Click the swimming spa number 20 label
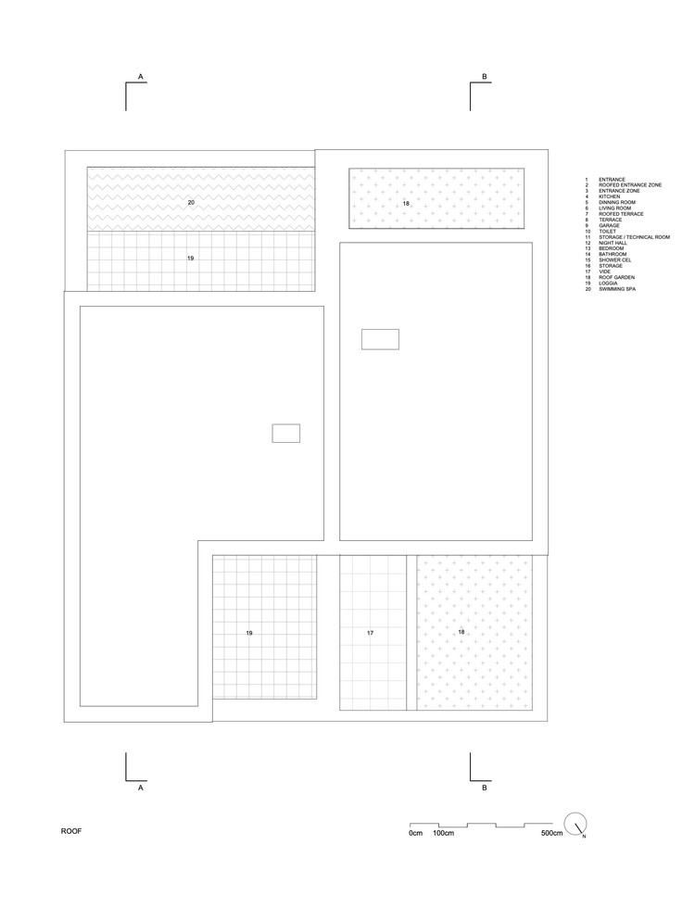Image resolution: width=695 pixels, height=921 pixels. (191, 201)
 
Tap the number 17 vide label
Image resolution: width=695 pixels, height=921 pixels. (369, 633)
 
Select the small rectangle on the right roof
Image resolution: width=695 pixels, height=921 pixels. (380, 339)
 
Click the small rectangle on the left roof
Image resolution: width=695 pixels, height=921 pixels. (285, 433)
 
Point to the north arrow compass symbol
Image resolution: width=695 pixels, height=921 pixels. (575, 824)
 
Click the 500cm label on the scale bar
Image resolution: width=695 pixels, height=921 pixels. (551, 835)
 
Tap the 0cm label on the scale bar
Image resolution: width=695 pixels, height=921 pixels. (415, 835)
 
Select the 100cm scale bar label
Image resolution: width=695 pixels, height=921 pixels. (443, 835)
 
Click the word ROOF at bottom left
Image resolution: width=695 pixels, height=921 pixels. (71, 831)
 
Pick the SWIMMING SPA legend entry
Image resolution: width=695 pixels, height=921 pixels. (617, 290)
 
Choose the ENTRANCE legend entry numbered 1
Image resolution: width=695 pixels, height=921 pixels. (612, 179)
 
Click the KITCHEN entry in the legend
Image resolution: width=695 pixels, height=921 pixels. (610, 196)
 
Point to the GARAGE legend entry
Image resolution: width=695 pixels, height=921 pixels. (609, 225)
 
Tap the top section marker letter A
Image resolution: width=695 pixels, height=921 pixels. (140, 75)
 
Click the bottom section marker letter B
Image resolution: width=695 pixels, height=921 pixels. (484, 788)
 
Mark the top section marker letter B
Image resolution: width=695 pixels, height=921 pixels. (484, 75)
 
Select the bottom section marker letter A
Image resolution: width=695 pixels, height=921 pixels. (140, 788)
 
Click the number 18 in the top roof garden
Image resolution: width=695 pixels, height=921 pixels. (405, 202)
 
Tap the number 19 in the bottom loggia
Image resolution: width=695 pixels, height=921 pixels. (249, 633)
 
